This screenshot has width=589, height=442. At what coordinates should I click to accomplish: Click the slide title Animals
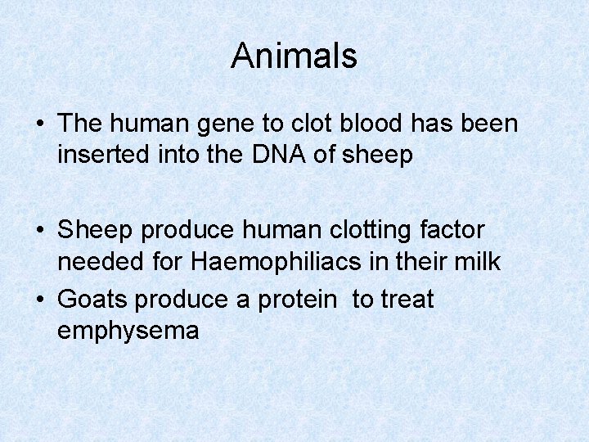coord(294,56)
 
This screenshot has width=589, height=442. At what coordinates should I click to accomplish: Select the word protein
coord(296,300)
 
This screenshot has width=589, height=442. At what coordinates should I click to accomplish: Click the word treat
coord(404,300)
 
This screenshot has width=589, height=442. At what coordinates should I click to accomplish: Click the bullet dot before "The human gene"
coord(40,124)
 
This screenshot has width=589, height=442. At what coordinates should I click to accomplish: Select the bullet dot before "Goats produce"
coord(40,300)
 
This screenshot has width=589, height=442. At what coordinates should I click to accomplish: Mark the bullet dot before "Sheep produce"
coord(40,231)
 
